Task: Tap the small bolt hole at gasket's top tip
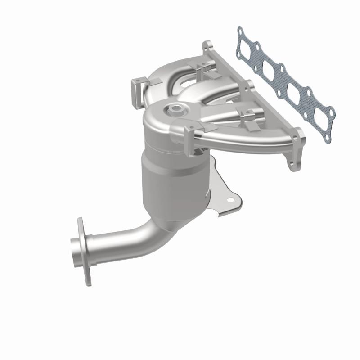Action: click(240, 32)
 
